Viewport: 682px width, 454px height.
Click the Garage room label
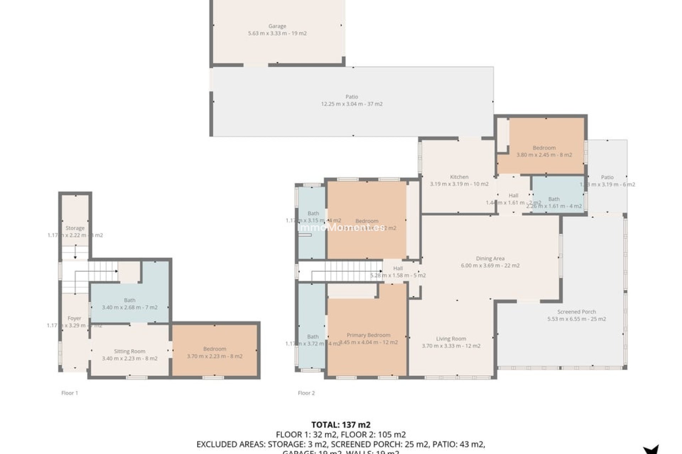(x=277, y=26)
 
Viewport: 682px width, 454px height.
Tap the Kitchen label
(x=459, y=177)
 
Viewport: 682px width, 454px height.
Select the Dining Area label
(x=490, y=258)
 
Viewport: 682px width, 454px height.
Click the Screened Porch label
(x=576, y=311)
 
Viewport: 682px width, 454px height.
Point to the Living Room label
(x=451, y=338)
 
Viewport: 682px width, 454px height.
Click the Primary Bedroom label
(x=368, y=335)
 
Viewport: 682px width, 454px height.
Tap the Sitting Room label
(x=129, y=351)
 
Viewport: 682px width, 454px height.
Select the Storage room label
(x=75, y=228)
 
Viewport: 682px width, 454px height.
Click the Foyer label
(x=74, y=318)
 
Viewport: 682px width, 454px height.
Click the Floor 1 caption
(x=70, y=393)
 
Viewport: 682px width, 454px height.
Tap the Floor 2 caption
(x=306, y=393)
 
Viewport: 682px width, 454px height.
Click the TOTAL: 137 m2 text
(x=341, y=425)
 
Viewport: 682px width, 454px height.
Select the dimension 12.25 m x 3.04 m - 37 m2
(x=352, y=104)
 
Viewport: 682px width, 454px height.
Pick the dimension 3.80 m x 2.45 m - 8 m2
(x=544, y=155)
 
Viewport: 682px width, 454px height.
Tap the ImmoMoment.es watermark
(x=341, y=228)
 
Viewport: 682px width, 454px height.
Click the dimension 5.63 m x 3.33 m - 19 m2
(x=277, y=33)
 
